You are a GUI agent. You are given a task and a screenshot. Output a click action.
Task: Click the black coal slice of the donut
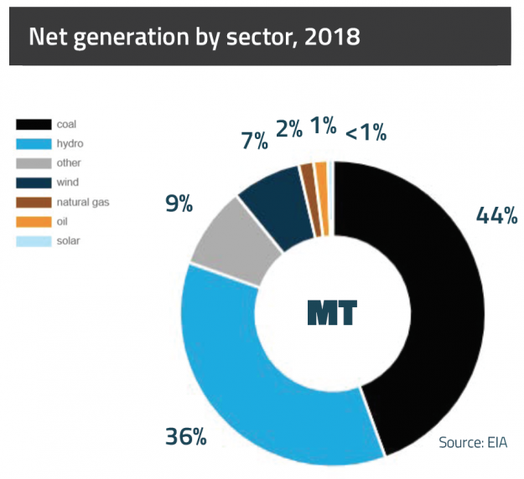(x=444, y=310)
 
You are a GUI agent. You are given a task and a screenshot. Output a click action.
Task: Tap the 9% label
(x=178, y=203)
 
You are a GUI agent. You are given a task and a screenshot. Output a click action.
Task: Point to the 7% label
(x=255, y=140)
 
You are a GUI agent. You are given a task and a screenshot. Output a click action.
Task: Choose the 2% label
(x=289, y=130)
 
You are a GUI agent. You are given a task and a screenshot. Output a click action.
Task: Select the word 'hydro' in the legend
(x=70, y=143)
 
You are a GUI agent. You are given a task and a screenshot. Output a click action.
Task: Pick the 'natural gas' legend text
(x=83, y=202)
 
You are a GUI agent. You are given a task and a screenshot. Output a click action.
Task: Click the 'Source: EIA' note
(x=474, y=442)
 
